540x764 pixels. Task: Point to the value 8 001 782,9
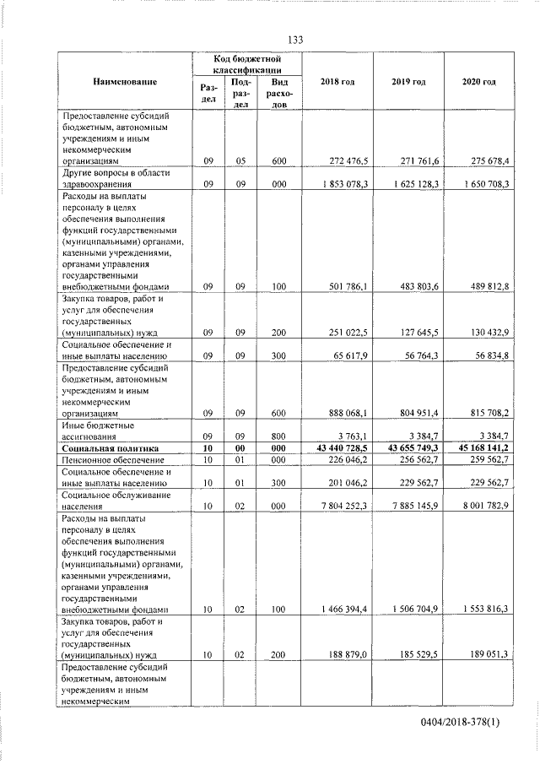pyautogui.click(x=479, y=507)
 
